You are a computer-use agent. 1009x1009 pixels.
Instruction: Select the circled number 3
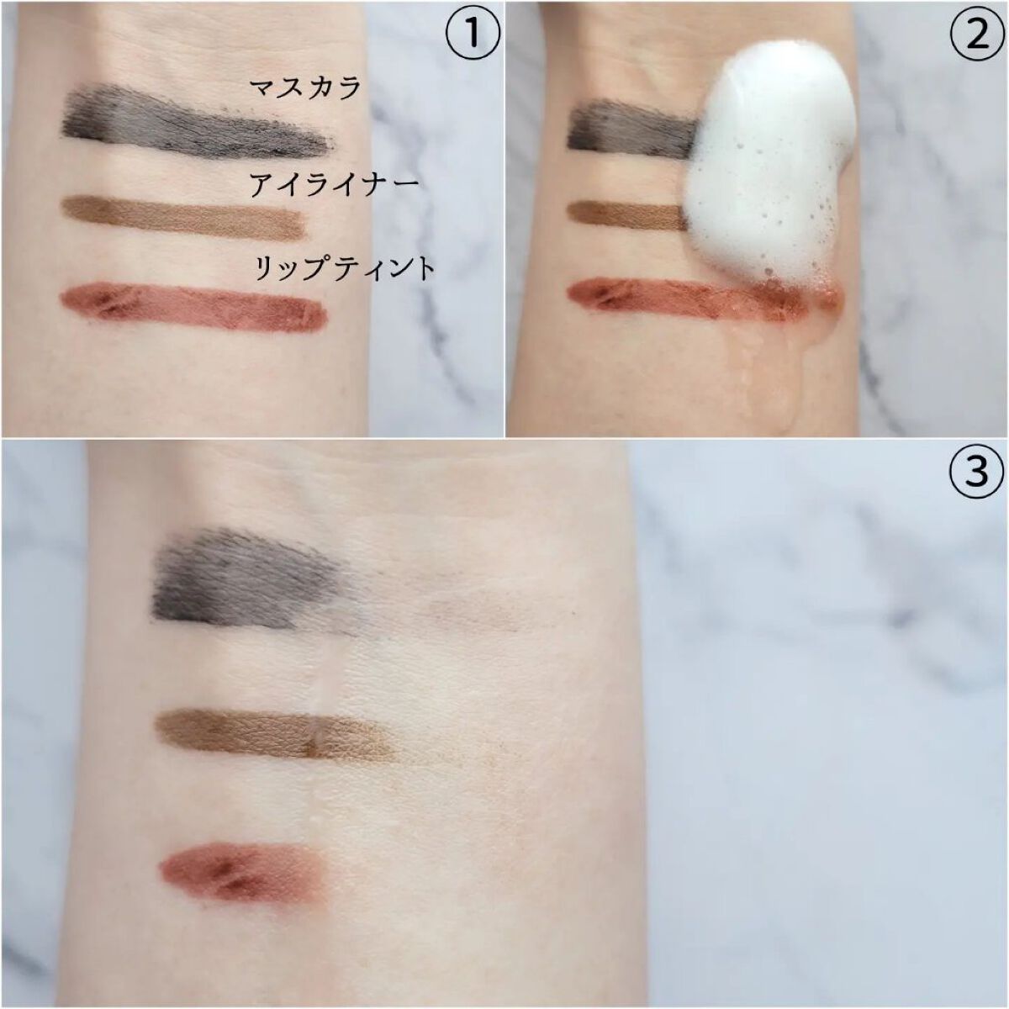(x=977, y=471)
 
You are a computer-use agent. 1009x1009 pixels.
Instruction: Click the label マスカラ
(x=304, y=88)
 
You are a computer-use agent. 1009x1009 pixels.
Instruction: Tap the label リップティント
(x=345, y=269)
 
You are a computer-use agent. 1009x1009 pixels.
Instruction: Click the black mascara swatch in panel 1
(x=197, y=122)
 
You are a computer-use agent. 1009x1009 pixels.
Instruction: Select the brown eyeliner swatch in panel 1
(x=183, y=218)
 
